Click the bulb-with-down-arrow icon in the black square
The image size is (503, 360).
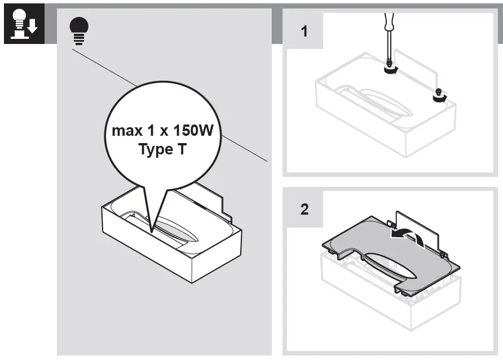pos(22,26)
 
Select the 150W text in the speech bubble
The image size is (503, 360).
pos(193,131)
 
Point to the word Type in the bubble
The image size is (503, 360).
pos(155,151)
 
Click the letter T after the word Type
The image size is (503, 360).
pos(183,150)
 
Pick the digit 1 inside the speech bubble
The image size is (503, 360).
pos(151,131)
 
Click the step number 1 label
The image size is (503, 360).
pos(305,32)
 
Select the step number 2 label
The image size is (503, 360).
pos(305,209)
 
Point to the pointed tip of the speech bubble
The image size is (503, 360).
pos(152,231)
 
